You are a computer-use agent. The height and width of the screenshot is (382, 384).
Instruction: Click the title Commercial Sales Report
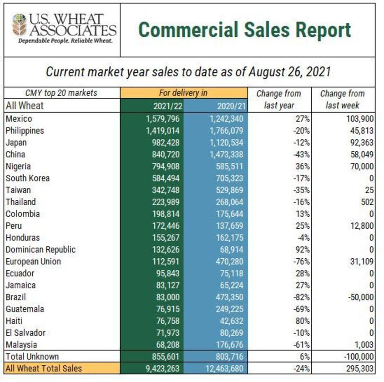coord(244,30)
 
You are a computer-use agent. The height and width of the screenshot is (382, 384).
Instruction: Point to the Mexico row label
coord(19,119)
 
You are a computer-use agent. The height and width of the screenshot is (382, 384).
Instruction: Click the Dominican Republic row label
coord(40,249)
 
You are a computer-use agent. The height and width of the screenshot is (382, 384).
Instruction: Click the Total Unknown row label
coord(32,356)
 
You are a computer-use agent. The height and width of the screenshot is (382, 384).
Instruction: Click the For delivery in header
coord(183,93)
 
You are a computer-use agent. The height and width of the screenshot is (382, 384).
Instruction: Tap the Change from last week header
coord(342,100)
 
